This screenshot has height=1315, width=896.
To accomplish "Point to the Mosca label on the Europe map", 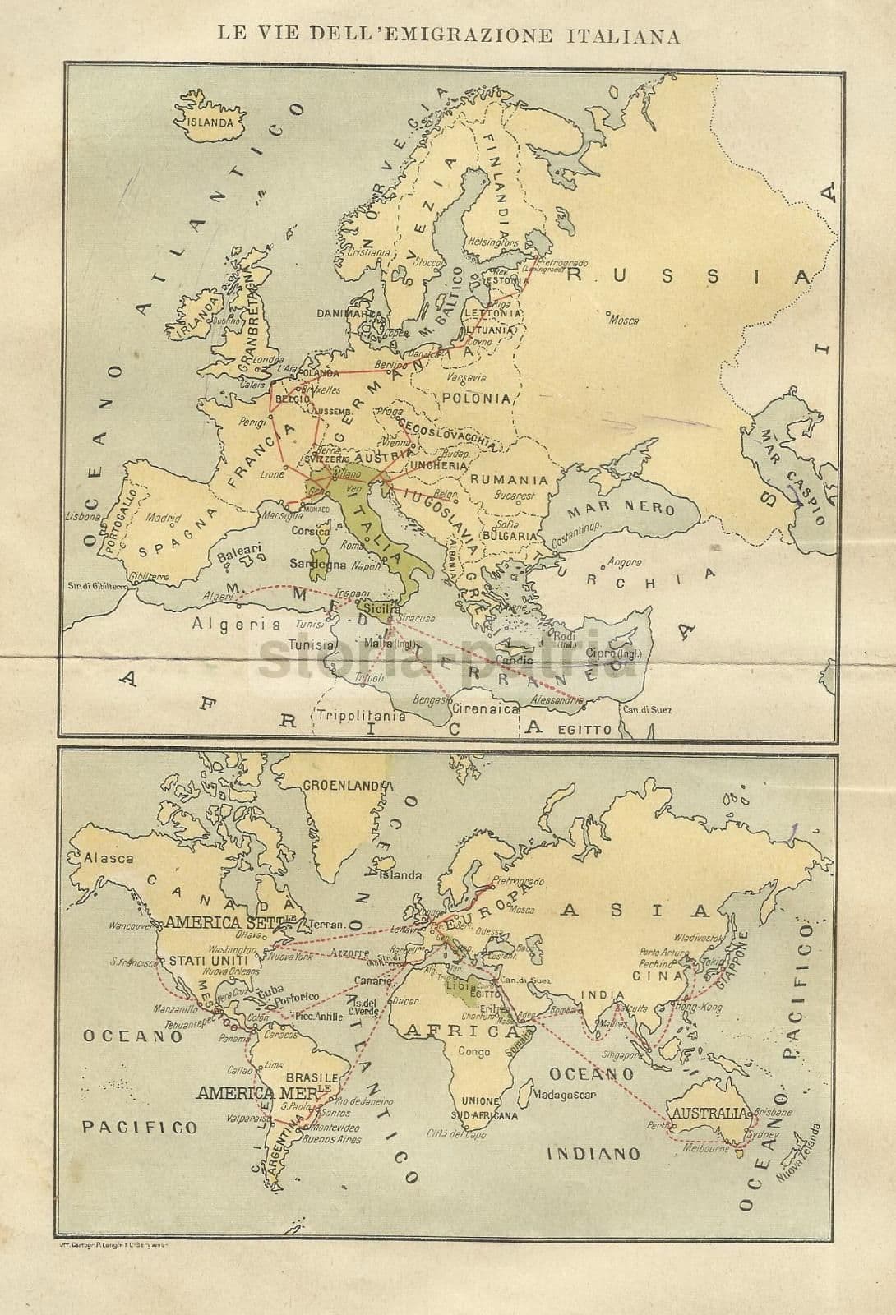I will click(623, 320).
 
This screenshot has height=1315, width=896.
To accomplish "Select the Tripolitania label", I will click(362, 715).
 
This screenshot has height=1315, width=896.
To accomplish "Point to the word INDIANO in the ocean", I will click(593, 1153).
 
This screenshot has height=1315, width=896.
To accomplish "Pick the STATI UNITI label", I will click(205, 961).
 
